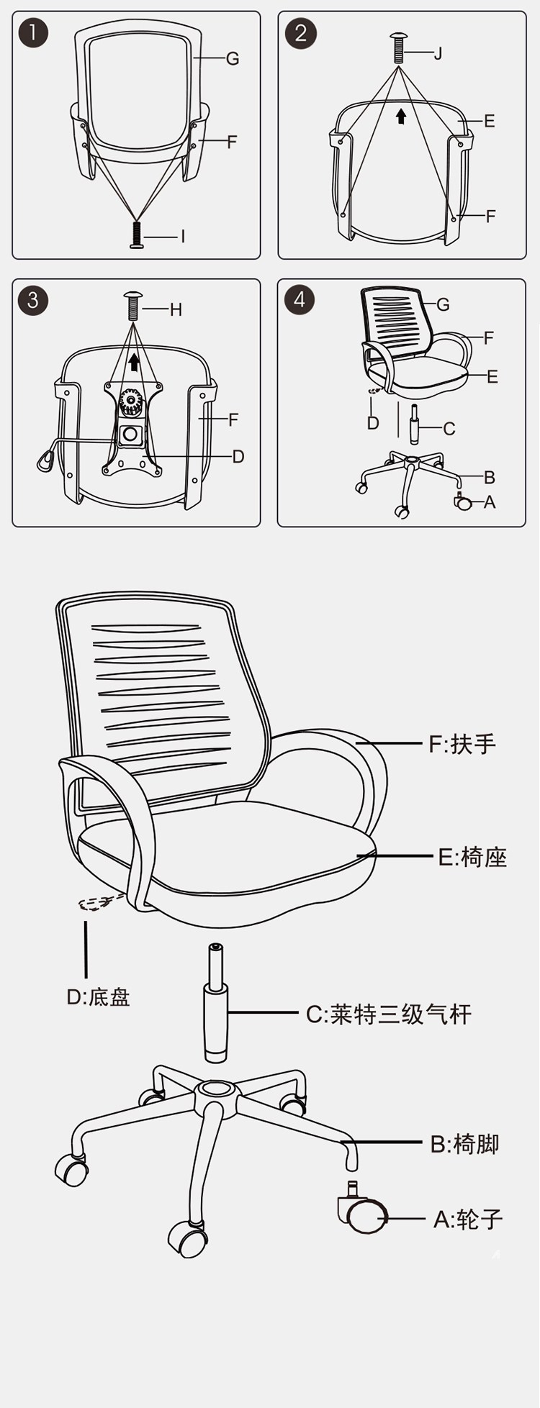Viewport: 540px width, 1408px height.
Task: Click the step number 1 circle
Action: point(33,33)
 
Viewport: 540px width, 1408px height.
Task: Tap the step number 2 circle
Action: point(300,34)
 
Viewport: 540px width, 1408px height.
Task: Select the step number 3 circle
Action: point(32,299)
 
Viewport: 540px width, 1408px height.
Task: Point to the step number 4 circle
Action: point(300,299)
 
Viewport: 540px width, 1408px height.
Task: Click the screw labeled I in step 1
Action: point(137,235)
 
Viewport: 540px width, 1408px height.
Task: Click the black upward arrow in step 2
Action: point(401,116)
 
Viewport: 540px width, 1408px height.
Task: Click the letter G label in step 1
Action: point(232,59)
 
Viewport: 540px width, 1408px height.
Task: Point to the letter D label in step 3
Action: point(238,456)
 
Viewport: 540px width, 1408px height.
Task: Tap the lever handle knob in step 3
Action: point(46,460)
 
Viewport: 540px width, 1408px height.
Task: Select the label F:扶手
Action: point(462,743)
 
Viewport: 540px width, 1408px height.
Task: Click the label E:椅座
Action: point(472,857)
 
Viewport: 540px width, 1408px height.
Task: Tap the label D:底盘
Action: point(98,997)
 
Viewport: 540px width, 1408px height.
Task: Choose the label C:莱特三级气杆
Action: point(389,1014)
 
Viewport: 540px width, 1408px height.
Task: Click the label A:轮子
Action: point(468,1219)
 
